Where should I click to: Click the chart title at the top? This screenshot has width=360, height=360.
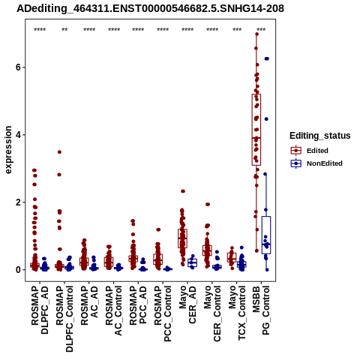pyautogui.click(x=150, y=8)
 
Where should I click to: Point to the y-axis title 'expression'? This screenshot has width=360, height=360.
pyautogui.click(x=8, y=150)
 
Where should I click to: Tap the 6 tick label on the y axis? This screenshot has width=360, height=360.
pyautogui.click(x=18, y=67)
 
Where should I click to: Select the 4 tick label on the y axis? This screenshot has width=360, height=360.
pyautogui.click(x=18, y=135)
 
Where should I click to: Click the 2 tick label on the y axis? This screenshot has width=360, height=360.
pyautogui.click(x=18, y=202)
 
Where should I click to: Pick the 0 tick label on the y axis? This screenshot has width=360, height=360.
pyautogui.click(x=18, y=270)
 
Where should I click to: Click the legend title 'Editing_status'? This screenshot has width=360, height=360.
pyautogui.click(x=320, y=136)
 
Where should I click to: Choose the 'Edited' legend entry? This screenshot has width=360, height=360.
pyautogui.click(x=317, y=151)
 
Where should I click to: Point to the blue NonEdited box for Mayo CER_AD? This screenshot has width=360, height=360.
pyautogui.click(x=192, y=262)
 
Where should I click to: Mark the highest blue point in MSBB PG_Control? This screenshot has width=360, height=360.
pyautogui.click(x=267, y=58)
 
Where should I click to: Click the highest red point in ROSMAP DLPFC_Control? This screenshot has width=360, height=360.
pyautogui.click(x=59, y=152)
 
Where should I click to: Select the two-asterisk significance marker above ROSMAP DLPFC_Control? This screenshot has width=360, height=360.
pyautogui.click(x=64, y=30)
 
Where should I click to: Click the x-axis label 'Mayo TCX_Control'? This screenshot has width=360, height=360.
pyautogui.click(x=237, y=313)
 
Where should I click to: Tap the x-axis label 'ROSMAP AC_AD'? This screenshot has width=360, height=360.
pyautogui.click(x=89, y=305)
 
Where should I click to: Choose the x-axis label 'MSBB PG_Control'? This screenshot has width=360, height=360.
pyautogui.click(x=261, y=310)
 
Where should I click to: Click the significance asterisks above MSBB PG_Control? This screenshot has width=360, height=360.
pyautogui.click(x=261, y=30)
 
